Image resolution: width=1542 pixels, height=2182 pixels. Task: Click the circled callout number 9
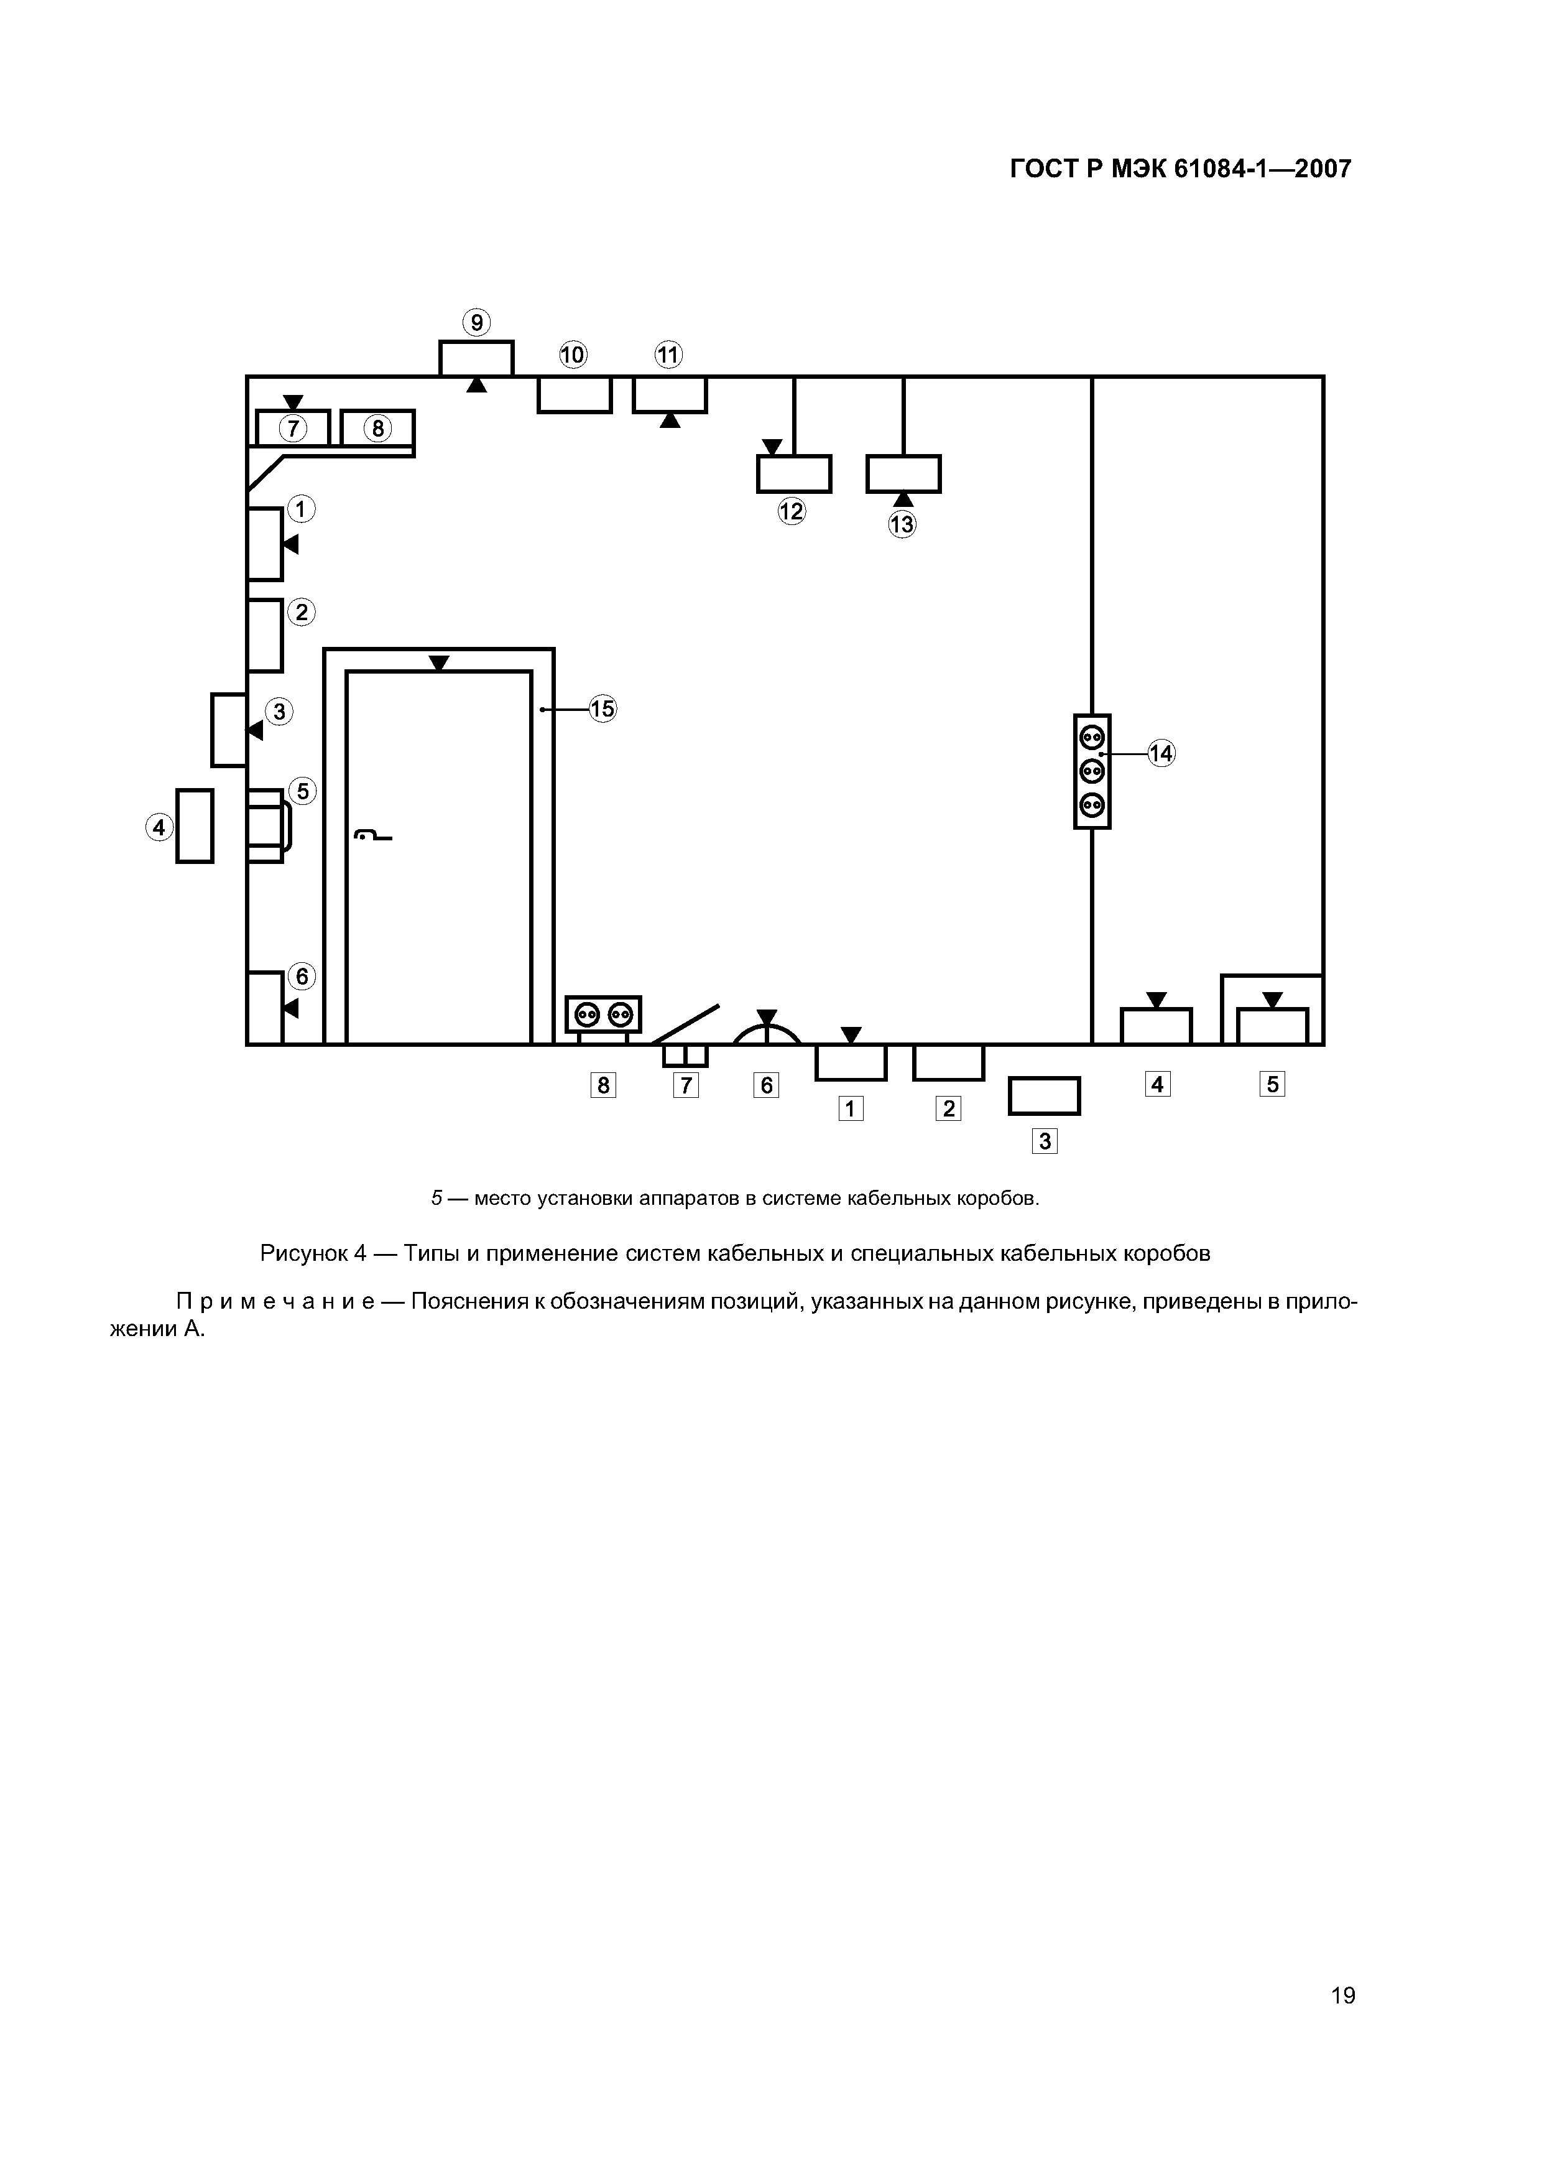click(x=476, y=323)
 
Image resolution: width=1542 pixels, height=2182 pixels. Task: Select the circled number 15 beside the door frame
click(x=603, y=709)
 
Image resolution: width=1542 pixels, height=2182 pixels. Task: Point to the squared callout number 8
click(x=603, y=1084)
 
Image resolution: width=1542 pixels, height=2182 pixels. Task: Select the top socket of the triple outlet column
click(x=1092, y=736)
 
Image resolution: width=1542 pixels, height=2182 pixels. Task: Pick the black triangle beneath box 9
click(x=477, y=385)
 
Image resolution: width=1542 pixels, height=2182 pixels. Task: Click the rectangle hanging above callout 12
click(x=794, y=474)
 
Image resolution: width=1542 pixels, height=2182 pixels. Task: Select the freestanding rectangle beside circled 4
click(x=195, y=826)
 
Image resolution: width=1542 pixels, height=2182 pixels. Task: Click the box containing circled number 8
click(x=378, y=429)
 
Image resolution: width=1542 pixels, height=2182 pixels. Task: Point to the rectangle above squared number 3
click(x=1044, y=1096)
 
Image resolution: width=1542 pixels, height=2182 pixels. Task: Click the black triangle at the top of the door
click(x=439, y=663)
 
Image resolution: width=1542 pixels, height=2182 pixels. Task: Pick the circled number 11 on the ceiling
click(x=669, y=355)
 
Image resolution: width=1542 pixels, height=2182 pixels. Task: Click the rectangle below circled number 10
click(x=575, y=394)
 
